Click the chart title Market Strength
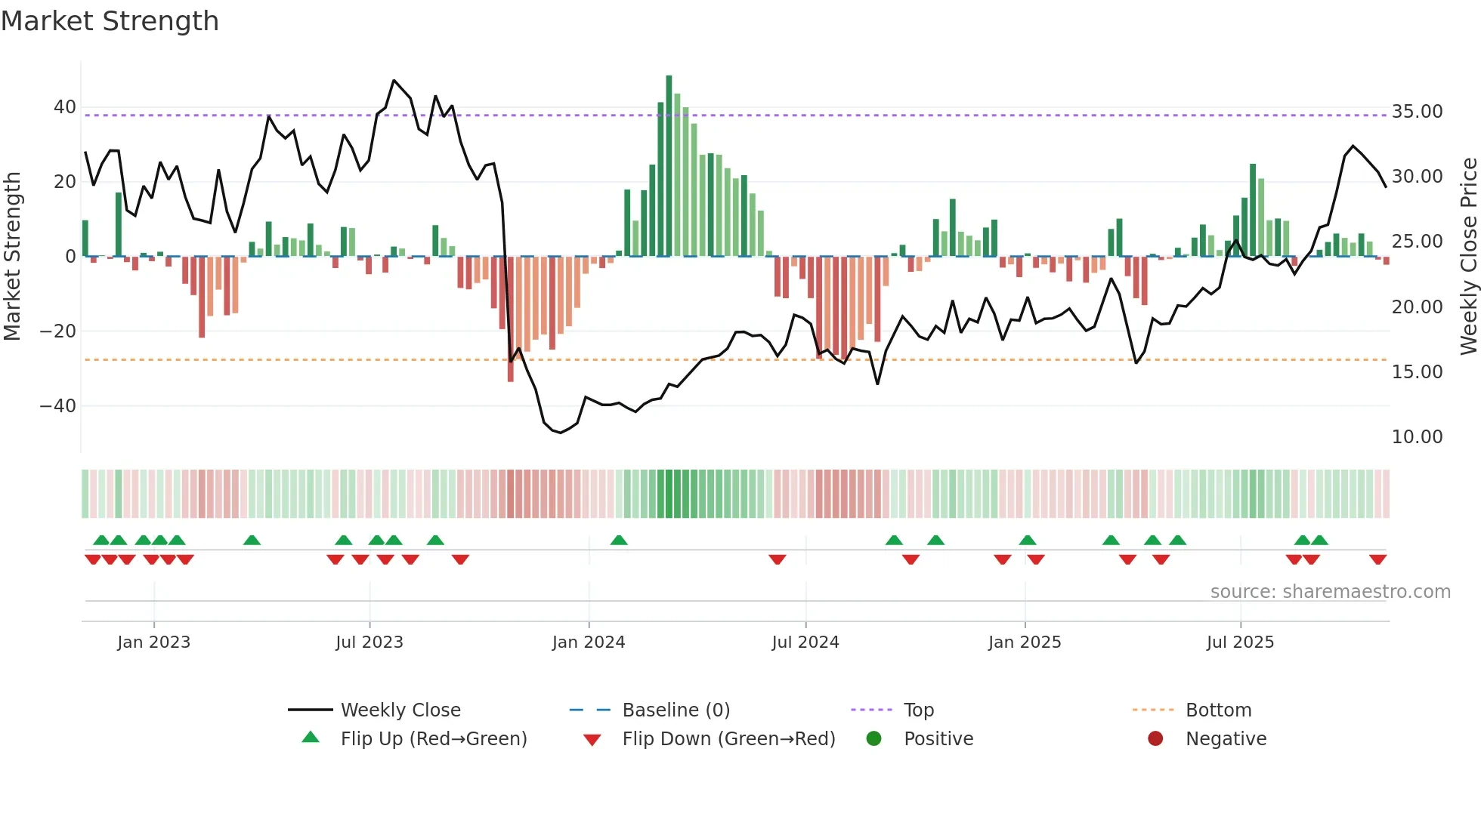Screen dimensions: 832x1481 110,21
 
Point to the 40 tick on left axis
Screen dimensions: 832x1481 64,107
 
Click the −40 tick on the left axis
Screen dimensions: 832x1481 58,406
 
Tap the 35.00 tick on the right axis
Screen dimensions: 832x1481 1417,112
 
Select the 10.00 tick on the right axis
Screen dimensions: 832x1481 1417,437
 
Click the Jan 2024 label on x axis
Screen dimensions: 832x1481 588,642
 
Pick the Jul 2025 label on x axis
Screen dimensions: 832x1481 1240,642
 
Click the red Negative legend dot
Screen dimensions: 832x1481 1155,739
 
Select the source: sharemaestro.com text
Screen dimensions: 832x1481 1330,592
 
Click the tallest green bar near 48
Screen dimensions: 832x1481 669,166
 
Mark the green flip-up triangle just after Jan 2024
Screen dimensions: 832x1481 619,541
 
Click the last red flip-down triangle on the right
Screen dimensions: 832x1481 1377,559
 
